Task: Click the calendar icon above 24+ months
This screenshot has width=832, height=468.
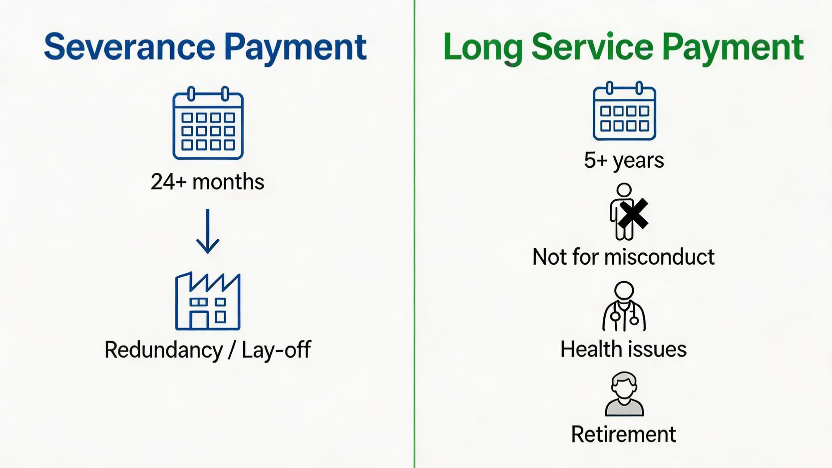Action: click(x=208, y=123)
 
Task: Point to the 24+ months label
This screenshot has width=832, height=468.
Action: click(x=208, y=182)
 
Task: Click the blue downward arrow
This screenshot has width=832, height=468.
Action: click(x=208, y=231)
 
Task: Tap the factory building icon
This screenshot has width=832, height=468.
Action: click(x=208, y=301)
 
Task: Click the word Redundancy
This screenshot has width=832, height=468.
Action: click(x=163, y=350)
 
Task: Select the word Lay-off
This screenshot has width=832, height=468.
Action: click(x=276, y=350)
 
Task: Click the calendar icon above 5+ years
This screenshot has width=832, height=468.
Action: click(x=624, y=111)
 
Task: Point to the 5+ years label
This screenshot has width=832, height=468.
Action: click(x=624, y=161)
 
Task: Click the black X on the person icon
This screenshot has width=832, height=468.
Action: click(x=633, y=214)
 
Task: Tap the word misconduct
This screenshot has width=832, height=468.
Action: click(x=659, y=257)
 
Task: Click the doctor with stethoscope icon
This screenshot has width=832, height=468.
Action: click(x=624, y=306)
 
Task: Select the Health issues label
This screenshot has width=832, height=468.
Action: click(x=624, y=349)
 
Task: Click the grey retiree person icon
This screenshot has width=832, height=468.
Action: click(x=624, y=394)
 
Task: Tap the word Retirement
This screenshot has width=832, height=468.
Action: click(x=624, y=434)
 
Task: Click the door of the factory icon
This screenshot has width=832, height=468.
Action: click(x=199, y=320)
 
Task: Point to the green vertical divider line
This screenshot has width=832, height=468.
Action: click(x=415, y=234)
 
